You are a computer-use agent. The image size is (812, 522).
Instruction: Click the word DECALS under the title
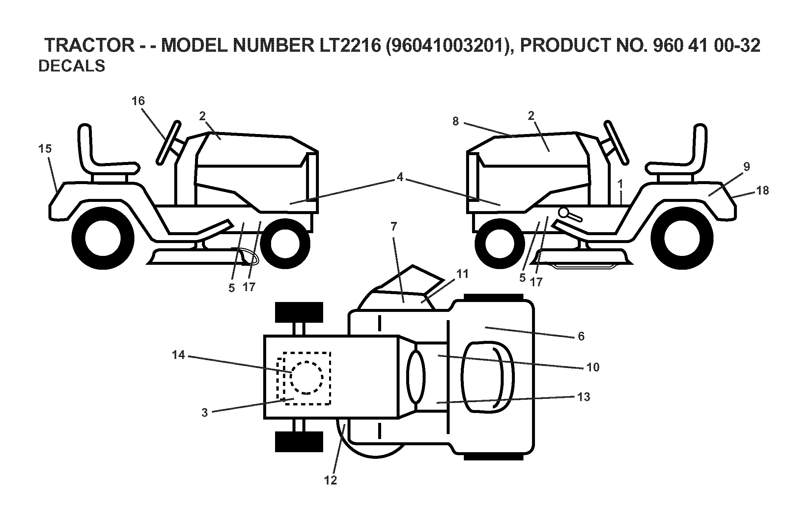pyautogui.click(x=71, y=66)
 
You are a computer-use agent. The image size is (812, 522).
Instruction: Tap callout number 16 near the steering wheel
pyautogui.click(x=138, y=101)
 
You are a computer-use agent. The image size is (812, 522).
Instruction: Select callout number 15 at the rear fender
pyautogui.click(x=45, y=149)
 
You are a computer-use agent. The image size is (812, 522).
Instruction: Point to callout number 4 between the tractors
pyautogui.click(x=400, y=177)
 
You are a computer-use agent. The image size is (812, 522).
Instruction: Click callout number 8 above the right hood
pyautogui.click(x=455, y=121)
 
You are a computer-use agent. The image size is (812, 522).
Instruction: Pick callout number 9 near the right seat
pyautogui.click(x=746, y=166)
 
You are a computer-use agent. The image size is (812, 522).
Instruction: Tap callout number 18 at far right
pyautogui.click(x=763, y=190)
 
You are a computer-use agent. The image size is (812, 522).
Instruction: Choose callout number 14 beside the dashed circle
pyautogui.click(x=178, y=355)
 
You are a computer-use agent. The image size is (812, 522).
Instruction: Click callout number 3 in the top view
pyautogui.click(x=205, y=413)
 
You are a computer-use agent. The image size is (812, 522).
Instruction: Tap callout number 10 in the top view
pyautogui.click(x=593, y=367)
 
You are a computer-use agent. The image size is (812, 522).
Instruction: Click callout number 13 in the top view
pyautogui.click(x=583, y=397)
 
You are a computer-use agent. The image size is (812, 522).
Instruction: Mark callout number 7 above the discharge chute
pyautogui.click(x=394, y=226)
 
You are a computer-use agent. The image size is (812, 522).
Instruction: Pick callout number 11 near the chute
pyautogui.click(x=462, y=274)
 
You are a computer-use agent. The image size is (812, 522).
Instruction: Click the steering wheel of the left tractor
pyautogui.click(x=168, y=142)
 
